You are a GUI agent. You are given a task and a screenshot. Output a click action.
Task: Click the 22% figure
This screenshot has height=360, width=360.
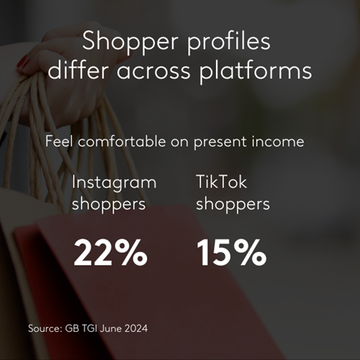(110, 254)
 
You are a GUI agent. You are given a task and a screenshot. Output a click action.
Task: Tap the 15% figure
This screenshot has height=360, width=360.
(231, 254)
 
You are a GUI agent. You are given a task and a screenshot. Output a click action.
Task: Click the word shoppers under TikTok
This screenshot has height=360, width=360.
(233, 206)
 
